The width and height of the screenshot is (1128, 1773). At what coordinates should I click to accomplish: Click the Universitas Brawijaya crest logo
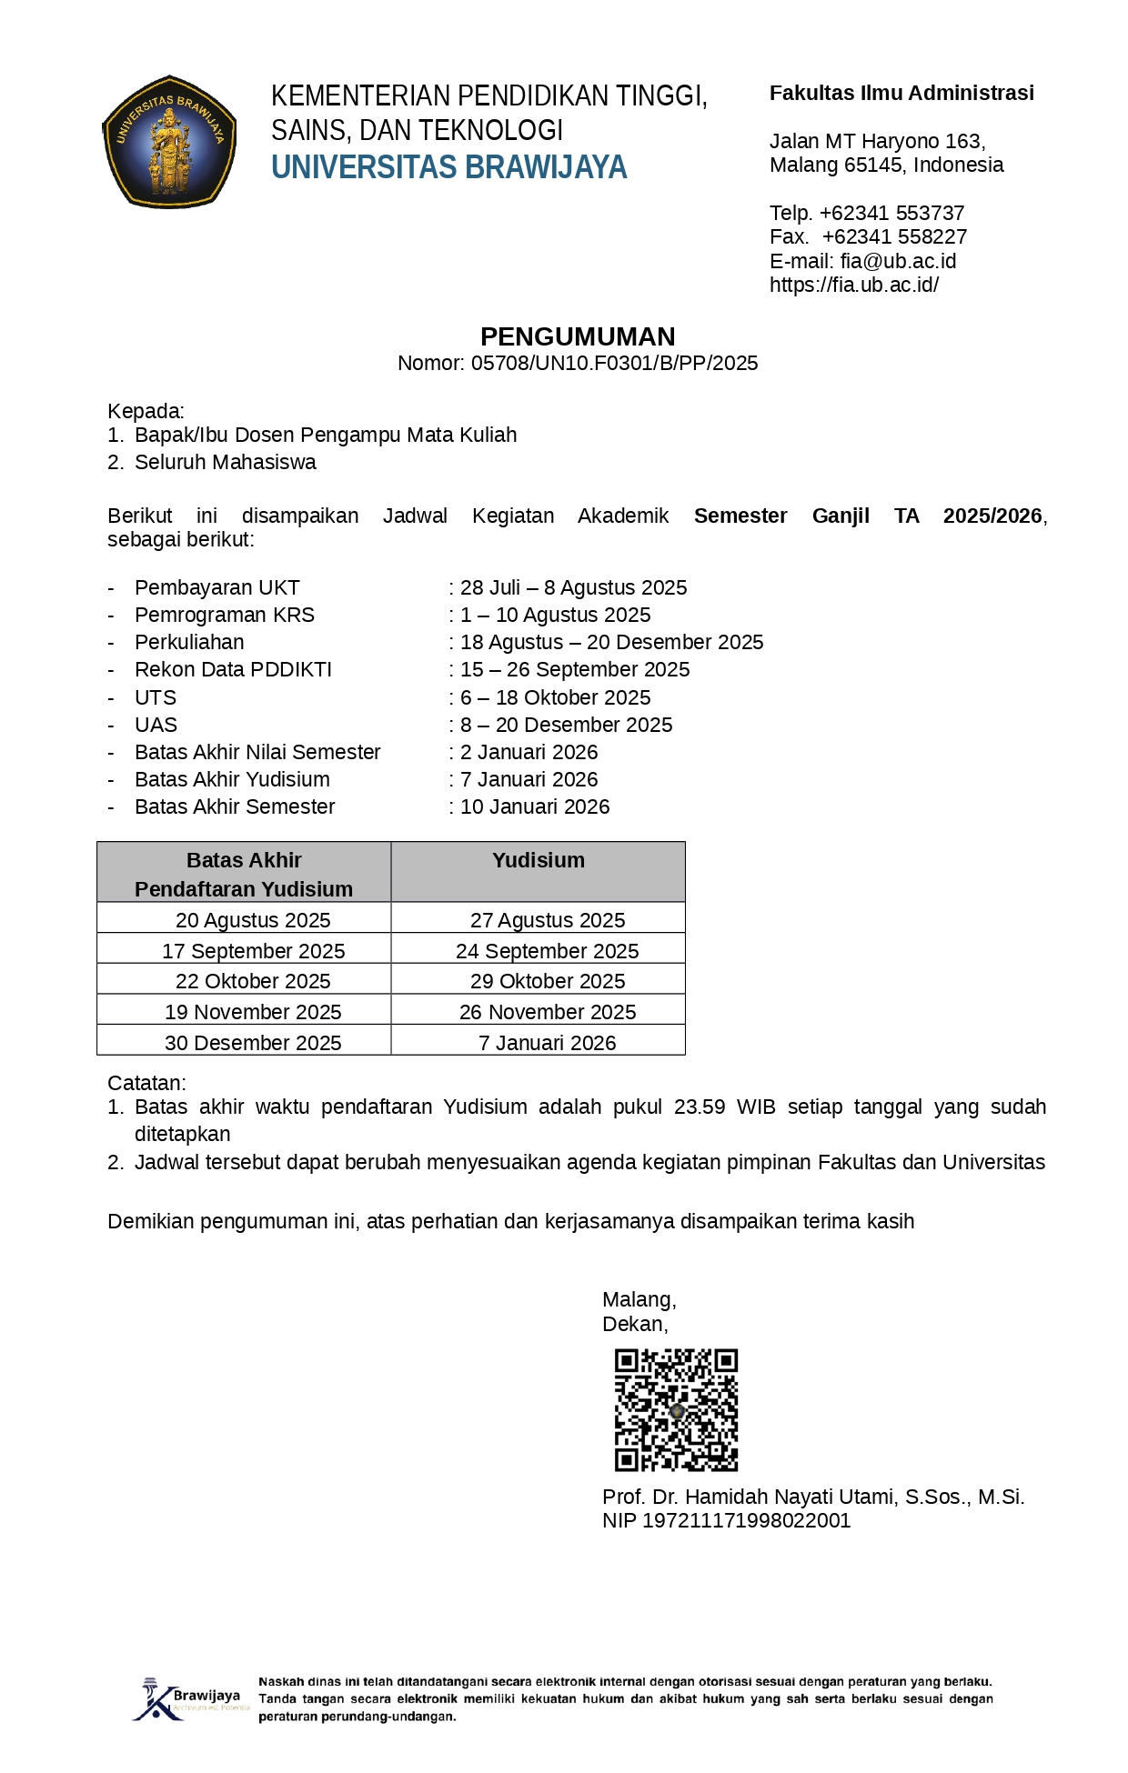pyautogui.click(x=169, y=142)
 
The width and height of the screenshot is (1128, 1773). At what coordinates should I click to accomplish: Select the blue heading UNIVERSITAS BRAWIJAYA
pyautogui.click(x=448, y=167)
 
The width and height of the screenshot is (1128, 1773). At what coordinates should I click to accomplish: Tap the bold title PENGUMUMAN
pyautogui.click(x=578, y=336)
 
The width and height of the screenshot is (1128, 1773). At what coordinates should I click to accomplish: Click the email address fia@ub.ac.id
pyautogui.click(x=898, y=261)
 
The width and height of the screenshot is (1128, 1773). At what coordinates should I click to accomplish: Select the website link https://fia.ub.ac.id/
pyautogui.click(x=853, y=285)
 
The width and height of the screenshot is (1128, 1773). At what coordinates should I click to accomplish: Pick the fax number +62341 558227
pyautogui.click(x=894, y=236)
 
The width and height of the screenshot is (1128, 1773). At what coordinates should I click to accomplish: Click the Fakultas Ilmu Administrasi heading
pyautogui.click(x=901, y=93)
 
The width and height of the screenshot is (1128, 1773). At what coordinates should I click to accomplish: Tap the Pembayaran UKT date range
pyautogui.click(x=573, y=587)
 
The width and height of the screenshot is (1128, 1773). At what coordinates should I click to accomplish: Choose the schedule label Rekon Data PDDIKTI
pyautogui.click(x=233, y=669)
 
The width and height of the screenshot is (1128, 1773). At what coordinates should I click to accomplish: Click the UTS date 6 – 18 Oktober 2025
pyautogui.click(x=555, y=697)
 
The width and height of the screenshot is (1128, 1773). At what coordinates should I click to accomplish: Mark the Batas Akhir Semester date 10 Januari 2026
pyautogui.click(x=535, y=806)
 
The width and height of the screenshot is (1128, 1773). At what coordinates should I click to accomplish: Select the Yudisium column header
pyautogui.click(x=539, y=860)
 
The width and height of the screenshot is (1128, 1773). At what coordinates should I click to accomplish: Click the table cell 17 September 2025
pyautogui.click(x=253, y=950)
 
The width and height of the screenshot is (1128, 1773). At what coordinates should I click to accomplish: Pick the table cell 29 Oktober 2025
pyautogui.click(x=548, y=981)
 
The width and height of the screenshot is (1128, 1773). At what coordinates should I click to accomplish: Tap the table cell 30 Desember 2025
pyautogui.click(x=253, y=1042)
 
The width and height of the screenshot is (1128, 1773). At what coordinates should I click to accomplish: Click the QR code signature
pyautogui.click(x=676, y=1409)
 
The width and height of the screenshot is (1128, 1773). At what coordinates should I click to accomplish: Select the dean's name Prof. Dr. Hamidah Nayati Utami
pyautogui.click(x=813, y=1497)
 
